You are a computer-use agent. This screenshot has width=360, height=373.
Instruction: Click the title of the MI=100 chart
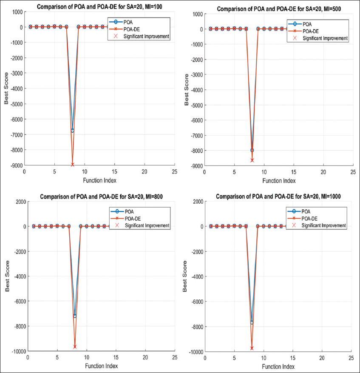100,6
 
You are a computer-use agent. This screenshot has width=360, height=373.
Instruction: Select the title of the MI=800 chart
101,196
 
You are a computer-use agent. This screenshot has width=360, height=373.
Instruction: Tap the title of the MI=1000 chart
278,196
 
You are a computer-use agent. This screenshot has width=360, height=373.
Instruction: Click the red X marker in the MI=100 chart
72,165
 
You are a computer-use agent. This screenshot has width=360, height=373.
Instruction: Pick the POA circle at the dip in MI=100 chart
72,131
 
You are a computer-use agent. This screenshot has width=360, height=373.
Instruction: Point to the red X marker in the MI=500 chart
252,160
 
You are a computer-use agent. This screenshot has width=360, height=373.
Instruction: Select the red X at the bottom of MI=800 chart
75,347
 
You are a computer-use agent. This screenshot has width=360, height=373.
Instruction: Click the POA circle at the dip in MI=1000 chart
252,322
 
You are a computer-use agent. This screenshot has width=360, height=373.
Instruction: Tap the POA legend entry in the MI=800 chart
129,211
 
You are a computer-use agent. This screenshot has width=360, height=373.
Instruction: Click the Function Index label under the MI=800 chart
101,366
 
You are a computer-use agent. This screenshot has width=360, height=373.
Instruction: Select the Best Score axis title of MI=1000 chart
185,276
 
